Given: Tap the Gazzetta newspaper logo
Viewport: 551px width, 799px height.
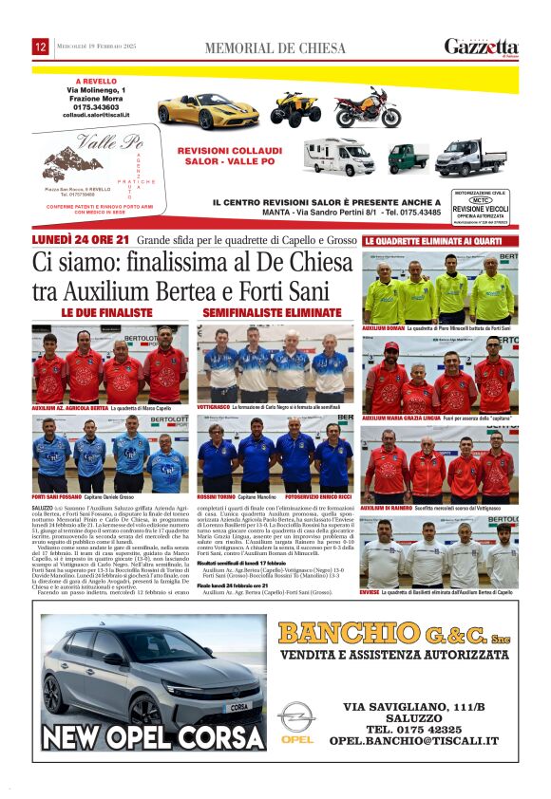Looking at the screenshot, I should (x=482, y=46).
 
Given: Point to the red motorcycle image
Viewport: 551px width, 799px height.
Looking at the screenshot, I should (x=367, y=107).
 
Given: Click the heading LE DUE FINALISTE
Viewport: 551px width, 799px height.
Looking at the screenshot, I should (x=106, y=311).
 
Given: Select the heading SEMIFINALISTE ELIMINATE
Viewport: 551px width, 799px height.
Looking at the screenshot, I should (x=258, y=311).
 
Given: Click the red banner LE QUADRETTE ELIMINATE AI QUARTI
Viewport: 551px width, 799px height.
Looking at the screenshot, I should (x=433, y=241).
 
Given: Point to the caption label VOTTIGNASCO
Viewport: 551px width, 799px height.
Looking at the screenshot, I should (x=214, y=406).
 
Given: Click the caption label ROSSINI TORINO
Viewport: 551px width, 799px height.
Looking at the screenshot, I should (x=215, y=496).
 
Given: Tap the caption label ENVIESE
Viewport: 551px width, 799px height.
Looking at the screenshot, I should (x=371, y=591).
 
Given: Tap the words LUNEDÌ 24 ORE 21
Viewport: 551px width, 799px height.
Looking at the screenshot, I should (x=81, y=240).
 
